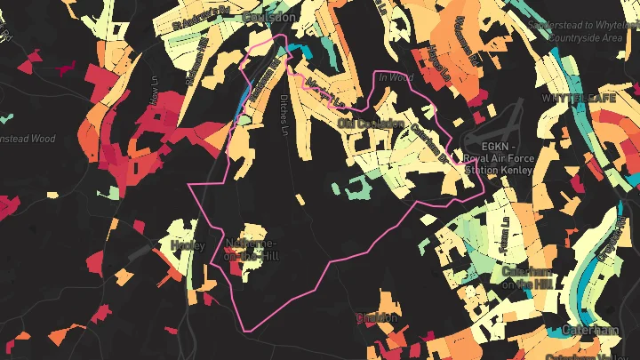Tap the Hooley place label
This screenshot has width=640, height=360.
[187, 245]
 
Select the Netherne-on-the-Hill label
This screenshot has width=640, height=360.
[252, 249]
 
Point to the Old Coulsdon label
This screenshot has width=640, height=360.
[371, 124]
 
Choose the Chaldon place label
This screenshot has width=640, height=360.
[376, 317]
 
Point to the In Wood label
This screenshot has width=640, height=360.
[396, 78]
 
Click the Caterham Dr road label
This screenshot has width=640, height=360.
[428, 140]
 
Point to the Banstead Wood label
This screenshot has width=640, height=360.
[27, 139]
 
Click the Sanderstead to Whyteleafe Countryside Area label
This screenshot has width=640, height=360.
[582, 32]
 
